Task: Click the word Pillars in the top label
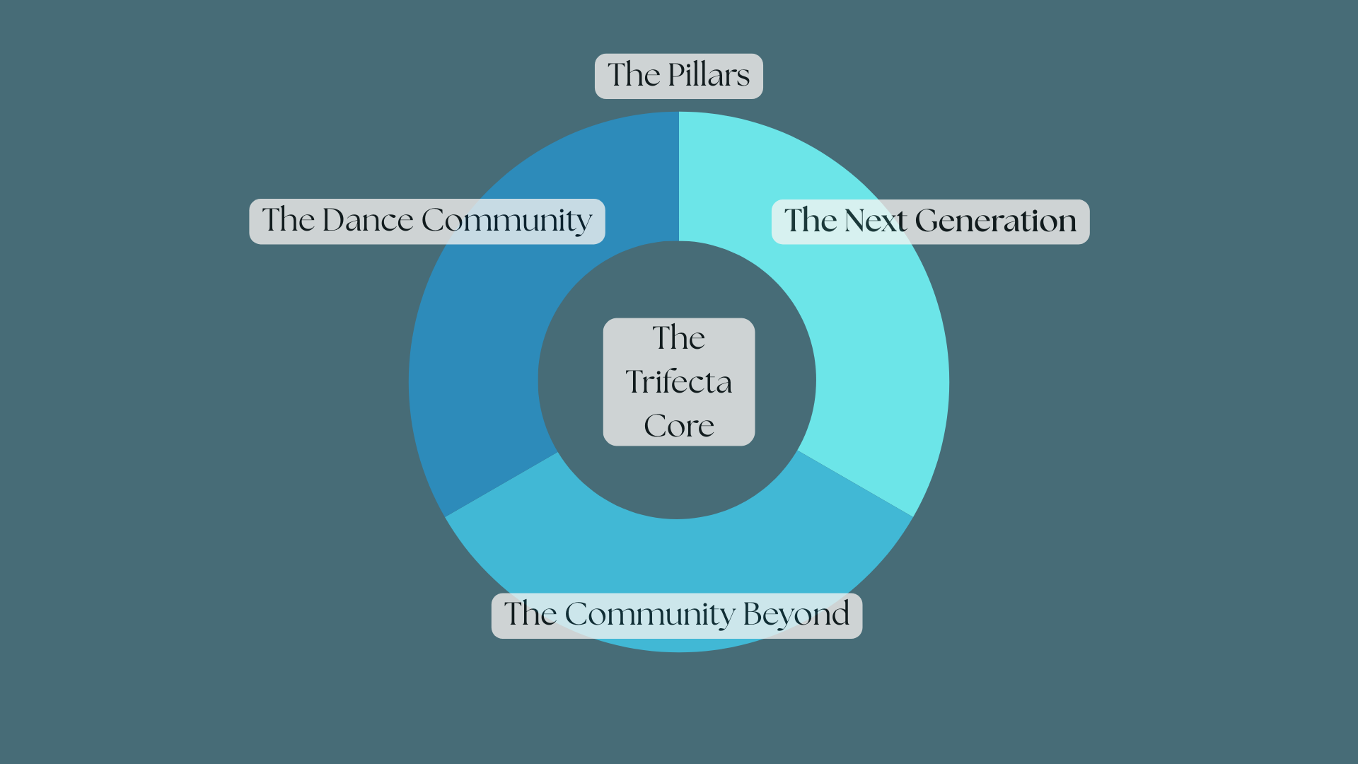point(709,75)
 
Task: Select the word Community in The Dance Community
point(506,221)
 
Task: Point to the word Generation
point(995,221)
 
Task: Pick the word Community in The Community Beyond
point(650,614)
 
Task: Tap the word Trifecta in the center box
point(678,382)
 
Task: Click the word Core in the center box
point(678,426)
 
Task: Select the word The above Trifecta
point(678,338)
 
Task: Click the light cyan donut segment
point(877,340)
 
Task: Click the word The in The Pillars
point(634,75)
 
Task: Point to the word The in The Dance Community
point(288,220)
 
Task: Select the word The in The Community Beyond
point(530,614)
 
